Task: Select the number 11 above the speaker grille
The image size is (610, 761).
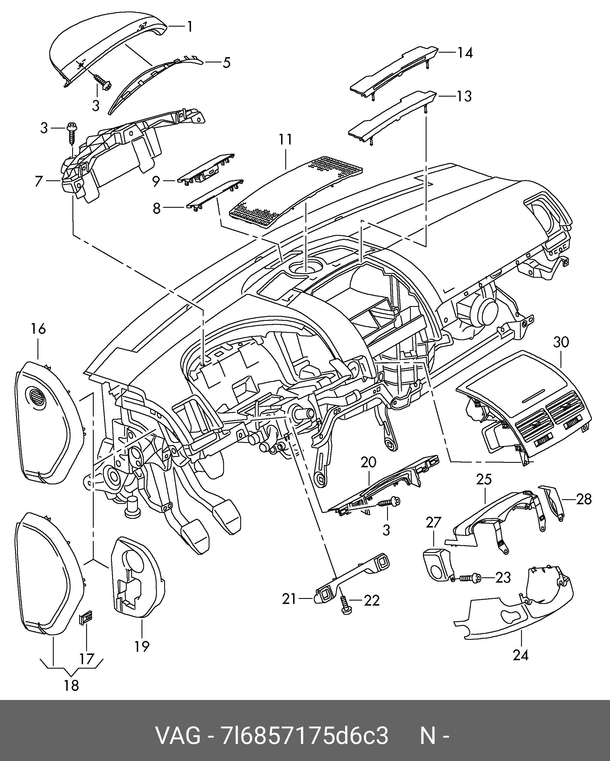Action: click(285, 140)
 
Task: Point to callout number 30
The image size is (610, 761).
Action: click(561, 342)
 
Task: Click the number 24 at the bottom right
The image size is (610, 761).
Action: click(520, 655)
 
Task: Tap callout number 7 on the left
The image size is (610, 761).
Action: click(39, 181)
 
